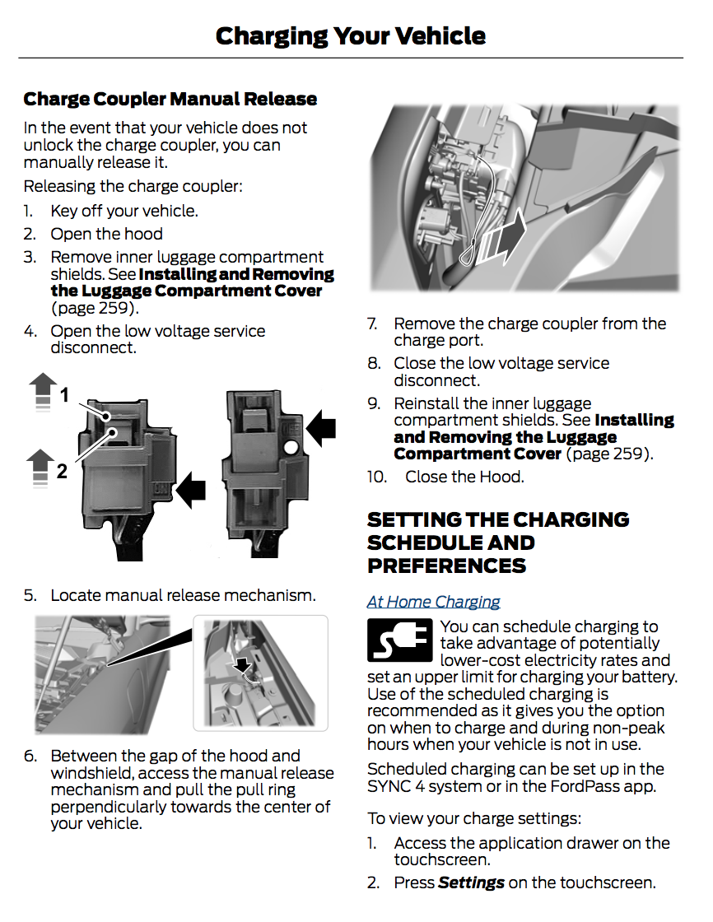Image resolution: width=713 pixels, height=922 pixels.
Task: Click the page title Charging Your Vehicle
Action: click(x=350, y=35)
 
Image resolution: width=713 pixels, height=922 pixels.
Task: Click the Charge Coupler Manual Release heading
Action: click(x=170, y=100)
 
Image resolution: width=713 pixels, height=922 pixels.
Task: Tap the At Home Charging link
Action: click(x=433, y=602)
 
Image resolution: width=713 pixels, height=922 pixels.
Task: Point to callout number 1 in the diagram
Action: click(x=64, y=396)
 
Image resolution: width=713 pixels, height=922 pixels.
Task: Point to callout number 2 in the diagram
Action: click(x=62, y=472)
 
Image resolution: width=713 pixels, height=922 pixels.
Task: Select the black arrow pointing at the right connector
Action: click(x=321, y=428)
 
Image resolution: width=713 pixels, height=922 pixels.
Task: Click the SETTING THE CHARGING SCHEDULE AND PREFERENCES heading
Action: click(x=498, y=542)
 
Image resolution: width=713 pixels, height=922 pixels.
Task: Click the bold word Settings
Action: click(x=471, y=883)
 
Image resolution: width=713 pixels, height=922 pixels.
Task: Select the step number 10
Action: click(x=376, y=477)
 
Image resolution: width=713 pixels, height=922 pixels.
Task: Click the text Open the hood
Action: click(x=106, y=234)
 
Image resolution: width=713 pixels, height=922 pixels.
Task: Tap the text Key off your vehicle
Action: click(x=123, y=211)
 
